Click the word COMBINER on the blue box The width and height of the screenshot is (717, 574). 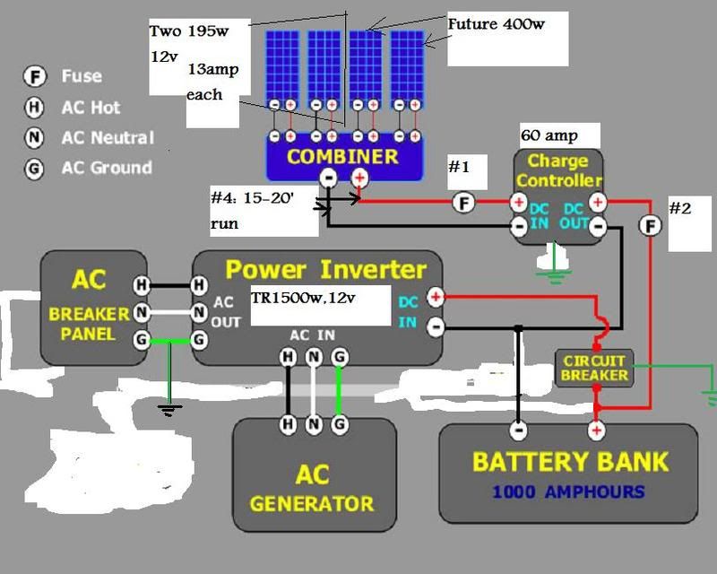pyautogui.click(x=343, y=157)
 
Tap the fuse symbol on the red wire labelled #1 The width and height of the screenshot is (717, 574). pyautogui.click(x=463, y=204)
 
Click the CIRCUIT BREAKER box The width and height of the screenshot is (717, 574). pyautogui.click(x=594, y=368)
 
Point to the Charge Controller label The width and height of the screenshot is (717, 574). pyautogui.click(x=557, y=170)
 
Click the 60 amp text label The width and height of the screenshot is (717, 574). pyautogui.click(x=549, y=136)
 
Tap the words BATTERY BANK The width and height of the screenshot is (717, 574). pyautogui.click(x=570, y=462)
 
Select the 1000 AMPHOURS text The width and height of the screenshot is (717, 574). pyautogui.click(x=568, y=491)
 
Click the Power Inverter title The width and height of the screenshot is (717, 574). pyautogui.click(x=324, y=269)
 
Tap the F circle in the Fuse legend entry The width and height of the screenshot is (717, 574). pyautogui.click(x=35, y=77)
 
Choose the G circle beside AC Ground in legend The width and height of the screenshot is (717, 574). pyautogui.click(x=35, y=168)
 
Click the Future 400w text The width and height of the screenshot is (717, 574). pyautogui.click(x=496, y=24)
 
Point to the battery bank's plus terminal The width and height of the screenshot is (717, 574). pyautogui.click(x=596, y=431)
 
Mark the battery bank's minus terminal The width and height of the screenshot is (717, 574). pyautogui.click(x=519, y=431)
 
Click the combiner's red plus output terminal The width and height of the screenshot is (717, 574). pyautogui.click(x=359, y=178)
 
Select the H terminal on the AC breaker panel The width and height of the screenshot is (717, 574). pyautogui.click(x=142, y=285)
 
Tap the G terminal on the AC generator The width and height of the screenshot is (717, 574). pyautogui.click(x=340, y=423)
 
